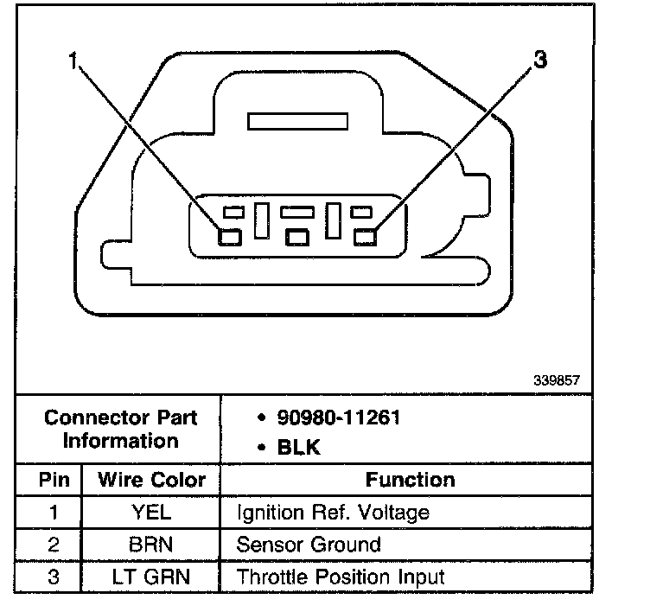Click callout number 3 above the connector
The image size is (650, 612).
point(540,60)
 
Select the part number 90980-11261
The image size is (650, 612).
point(338,418)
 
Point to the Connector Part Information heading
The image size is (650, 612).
point(120,429)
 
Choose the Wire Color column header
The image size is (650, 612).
point(151,480)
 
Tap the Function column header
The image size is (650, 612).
point(410,480)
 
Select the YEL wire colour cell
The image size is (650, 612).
point(151,512)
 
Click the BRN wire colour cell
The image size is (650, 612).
point(151,545)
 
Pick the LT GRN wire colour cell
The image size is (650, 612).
point(151,577)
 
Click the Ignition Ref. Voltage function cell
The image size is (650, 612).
point(333,512)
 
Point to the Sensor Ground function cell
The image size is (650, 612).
point(308,545)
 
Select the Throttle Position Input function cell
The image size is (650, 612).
point(340,577)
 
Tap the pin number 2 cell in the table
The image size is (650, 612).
point(53,545)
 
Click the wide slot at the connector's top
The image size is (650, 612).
point(296,121)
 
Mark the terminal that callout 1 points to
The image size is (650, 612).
point(228,236)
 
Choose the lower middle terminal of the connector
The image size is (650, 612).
point(297,236)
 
